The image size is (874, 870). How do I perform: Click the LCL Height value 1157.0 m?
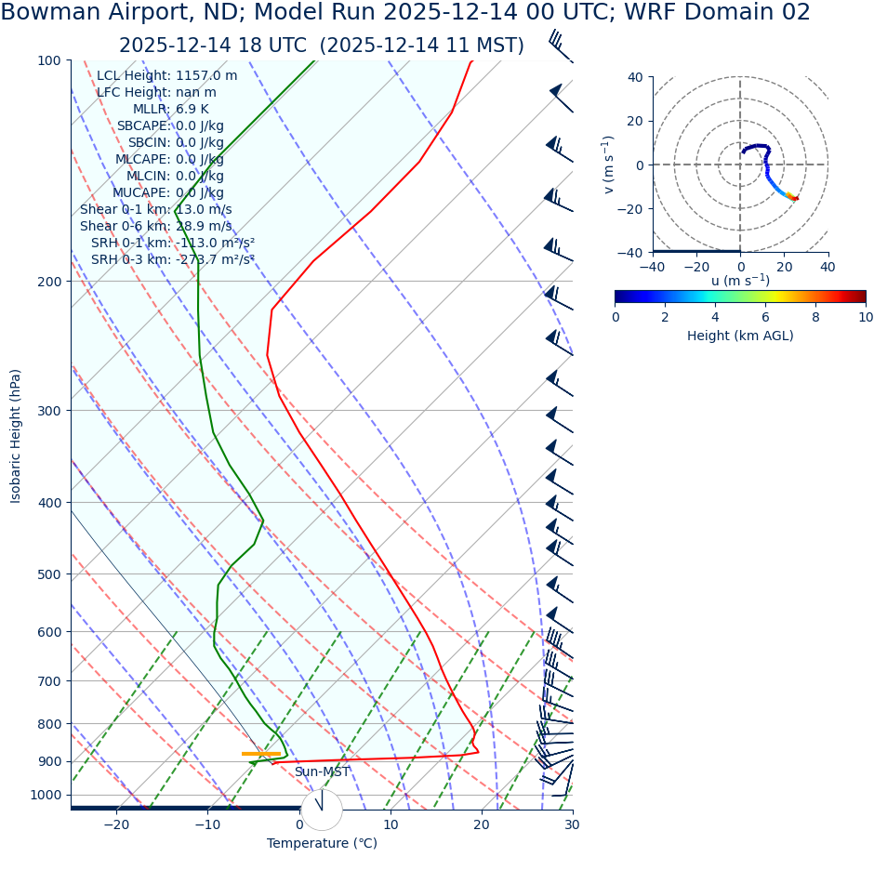tap(206, 76)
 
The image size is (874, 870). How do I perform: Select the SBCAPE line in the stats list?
tap(170, 126)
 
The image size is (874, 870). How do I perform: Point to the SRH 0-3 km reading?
tap(173, 260)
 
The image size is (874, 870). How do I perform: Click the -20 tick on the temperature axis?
tap(116, 825)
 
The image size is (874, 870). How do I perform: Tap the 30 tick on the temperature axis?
tap(572, 825)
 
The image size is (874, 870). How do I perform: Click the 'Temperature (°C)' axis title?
tap(322, 844)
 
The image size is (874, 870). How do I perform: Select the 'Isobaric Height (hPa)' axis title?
tap(16, 436)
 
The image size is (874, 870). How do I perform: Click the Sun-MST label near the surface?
tap(322, 772)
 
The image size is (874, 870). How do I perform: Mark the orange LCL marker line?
tap(260, 754)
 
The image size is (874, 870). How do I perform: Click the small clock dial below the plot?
tap(322, 810)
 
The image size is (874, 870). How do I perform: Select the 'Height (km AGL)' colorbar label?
tap(740, 336)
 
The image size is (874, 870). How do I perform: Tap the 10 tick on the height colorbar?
tap(865, 318)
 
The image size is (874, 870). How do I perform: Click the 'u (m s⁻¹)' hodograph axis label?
tap(740, 281)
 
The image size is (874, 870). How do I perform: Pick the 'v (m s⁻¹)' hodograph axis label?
tap(608, 165)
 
